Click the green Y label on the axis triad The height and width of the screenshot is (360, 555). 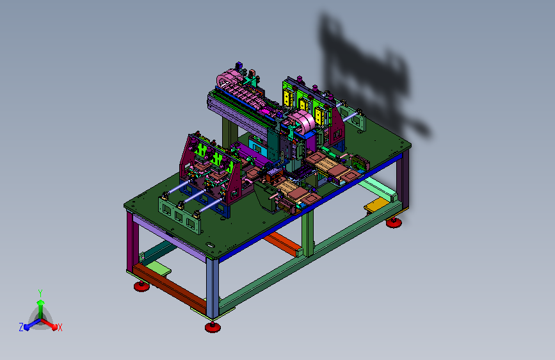(40, 293)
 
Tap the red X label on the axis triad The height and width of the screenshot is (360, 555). (60, 328)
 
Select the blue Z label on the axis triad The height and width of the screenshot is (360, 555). (21, 327)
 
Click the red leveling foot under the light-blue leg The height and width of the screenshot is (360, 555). (213, 327)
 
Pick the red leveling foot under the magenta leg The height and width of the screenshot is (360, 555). (141, 286)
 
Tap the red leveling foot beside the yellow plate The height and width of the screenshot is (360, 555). (394, 222)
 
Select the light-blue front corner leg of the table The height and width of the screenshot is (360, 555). (212, 288)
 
